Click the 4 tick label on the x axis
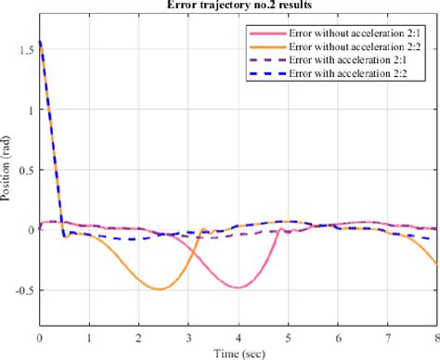[x=238, y=340]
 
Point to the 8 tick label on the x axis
[x=435, y=340]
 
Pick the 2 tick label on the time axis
[x=138, y=340]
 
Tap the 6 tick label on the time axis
[x=337, y=340]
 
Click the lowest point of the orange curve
[x=161, y=289]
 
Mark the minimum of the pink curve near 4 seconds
[x=239, y=287]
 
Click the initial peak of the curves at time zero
[x=40, y=42]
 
